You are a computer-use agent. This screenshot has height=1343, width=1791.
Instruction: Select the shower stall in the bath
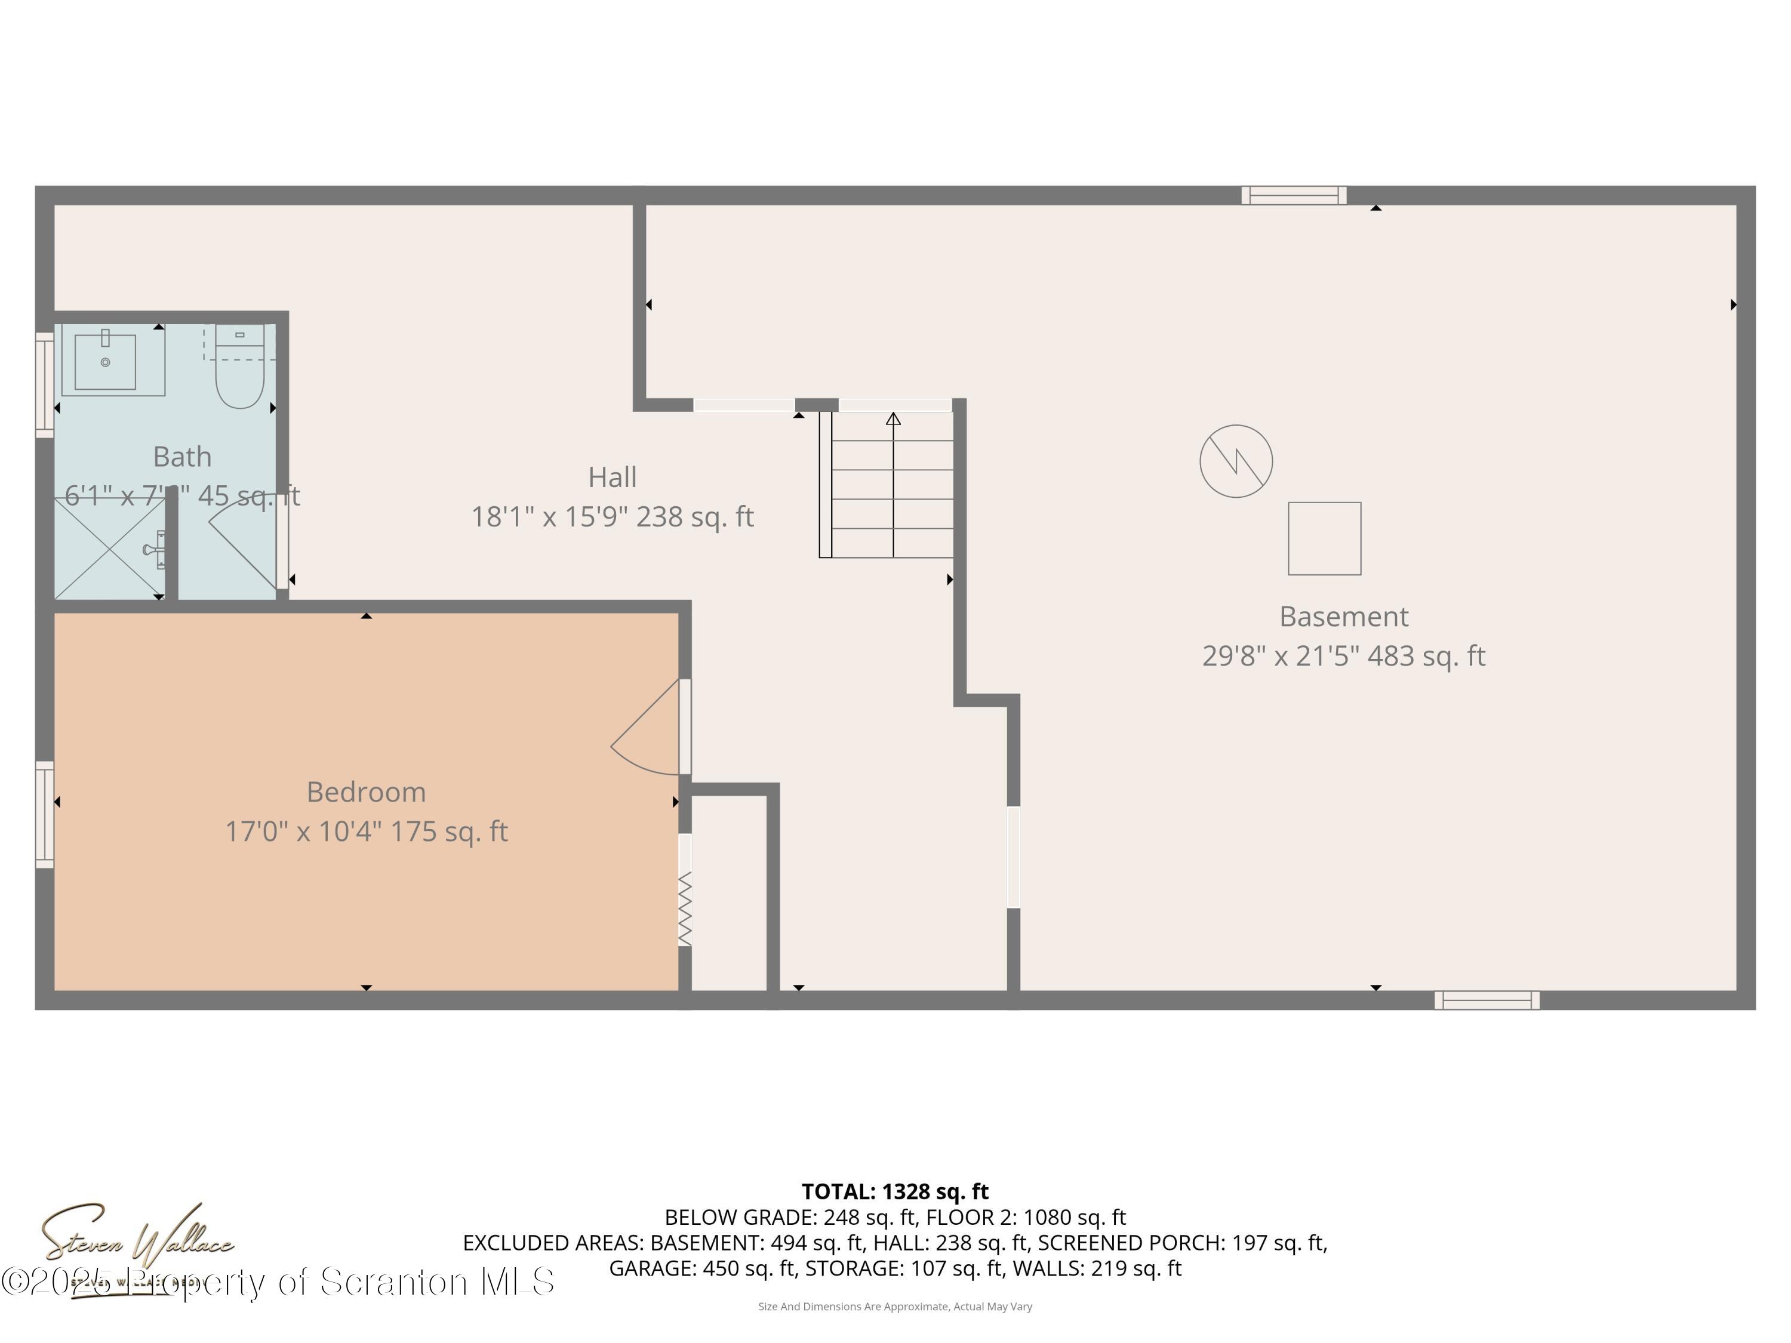click(109, 549)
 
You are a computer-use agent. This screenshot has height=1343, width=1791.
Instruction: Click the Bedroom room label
click(366, 791)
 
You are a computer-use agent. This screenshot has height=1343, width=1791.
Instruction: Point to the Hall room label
click(612, 477)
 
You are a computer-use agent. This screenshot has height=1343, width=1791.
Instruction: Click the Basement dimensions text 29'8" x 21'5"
click(1279, 656)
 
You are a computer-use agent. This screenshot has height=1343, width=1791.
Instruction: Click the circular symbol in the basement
click(1236, 461)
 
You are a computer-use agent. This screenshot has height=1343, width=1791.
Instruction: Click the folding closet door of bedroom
click(685, 908)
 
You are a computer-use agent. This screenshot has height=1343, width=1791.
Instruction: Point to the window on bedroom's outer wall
click(45, 814)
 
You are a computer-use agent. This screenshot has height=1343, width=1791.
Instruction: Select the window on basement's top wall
click(1294, 195)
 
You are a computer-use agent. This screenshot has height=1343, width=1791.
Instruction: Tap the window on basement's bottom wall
click(1487, 1000)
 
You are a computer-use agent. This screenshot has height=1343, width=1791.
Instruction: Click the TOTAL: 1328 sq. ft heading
click(895, 1191)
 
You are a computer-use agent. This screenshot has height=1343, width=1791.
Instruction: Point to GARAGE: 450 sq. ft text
click(702, 1268)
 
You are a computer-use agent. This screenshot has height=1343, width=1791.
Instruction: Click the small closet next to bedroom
click(729, 891)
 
